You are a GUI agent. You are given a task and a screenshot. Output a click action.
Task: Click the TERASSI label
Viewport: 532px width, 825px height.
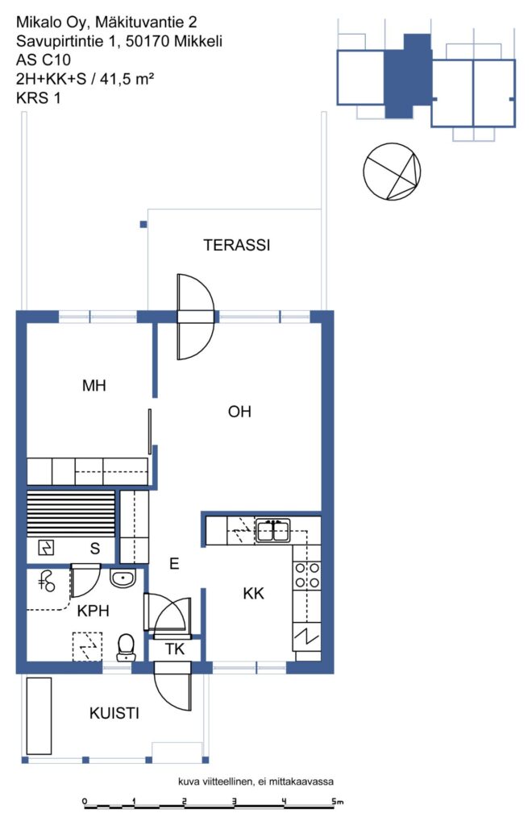(x=237, y=245)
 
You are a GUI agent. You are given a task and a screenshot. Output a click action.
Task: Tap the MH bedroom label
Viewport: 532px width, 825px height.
(x=94, y=386)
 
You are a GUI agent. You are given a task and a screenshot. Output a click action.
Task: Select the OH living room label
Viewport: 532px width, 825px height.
(x=239, y=412)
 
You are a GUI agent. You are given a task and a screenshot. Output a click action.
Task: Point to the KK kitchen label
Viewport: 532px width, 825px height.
(x=253, y=594)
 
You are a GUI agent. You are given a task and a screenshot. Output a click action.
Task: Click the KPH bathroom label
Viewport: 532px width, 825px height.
(x=94, y=611)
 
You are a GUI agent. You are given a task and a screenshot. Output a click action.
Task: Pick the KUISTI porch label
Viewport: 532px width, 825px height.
(x=114, y=714)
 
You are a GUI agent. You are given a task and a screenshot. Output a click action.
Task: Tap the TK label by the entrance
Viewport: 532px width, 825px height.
(x=175, y=649)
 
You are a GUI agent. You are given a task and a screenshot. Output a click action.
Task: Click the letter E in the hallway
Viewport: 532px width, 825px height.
(x=174, y=564)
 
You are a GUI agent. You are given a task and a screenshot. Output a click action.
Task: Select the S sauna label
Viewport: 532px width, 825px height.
(x=95, y=549)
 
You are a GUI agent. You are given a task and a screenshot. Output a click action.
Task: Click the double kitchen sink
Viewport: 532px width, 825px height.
(x=272, y=530)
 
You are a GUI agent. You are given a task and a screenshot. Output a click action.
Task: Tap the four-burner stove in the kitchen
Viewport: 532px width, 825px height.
(x=307, y=575)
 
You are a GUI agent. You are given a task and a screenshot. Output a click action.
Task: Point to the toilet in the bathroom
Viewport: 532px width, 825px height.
(x=125, y=647)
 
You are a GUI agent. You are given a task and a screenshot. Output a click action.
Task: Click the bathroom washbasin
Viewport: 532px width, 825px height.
(x=123, y=578)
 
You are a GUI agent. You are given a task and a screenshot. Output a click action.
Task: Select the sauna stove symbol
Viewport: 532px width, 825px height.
(x=46, y=548)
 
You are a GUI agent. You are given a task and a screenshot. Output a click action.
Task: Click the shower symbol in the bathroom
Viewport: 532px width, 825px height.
(x=48, y=581)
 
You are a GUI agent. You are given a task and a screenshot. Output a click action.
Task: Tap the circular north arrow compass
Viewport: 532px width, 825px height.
(x=392, y=172)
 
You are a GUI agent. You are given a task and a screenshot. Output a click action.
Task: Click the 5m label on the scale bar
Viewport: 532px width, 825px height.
(x=337, y=802)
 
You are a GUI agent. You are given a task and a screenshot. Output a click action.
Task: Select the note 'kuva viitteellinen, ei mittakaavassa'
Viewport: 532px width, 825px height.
(x=256, y=781)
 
